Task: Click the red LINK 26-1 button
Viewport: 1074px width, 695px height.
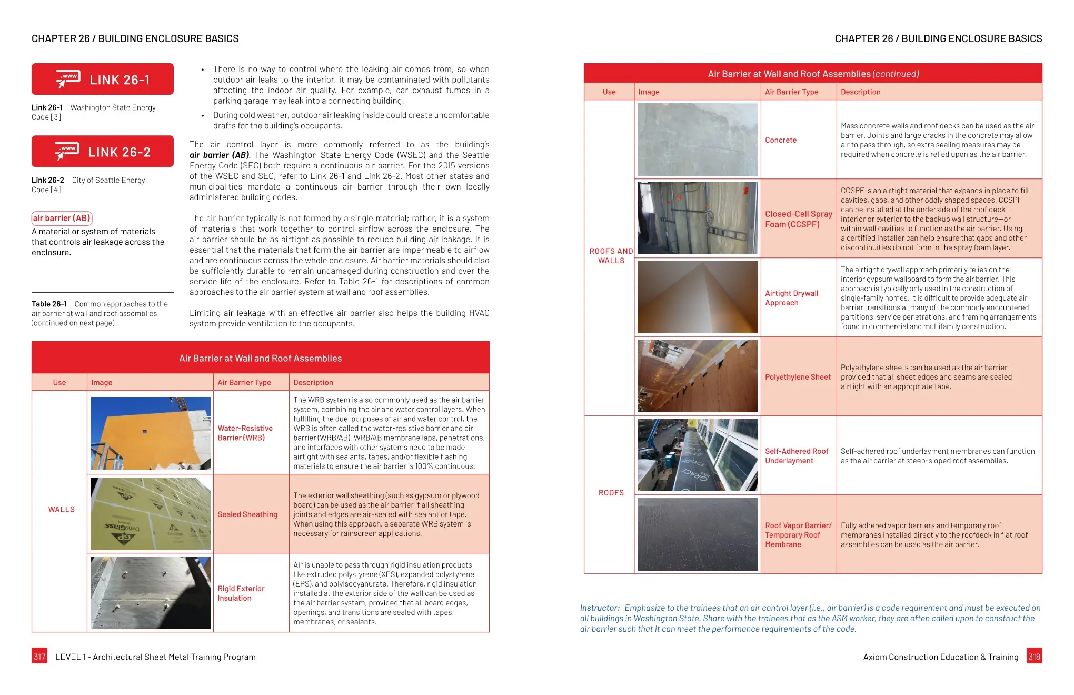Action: (x=103, y=80)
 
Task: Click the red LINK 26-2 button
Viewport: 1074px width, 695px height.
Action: (x=103, y=152)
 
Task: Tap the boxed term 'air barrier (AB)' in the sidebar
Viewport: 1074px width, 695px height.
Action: (x=62, y=218)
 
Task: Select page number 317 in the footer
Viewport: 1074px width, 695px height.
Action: (x=39, y=657)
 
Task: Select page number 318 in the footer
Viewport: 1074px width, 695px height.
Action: (x=1034, y=657)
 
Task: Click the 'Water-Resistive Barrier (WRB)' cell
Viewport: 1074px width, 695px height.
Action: (x=245, y=433)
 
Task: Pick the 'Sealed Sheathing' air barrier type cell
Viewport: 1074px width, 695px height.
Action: (x=247, y=514)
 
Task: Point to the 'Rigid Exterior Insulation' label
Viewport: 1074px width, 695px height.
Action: (x=241, y=593)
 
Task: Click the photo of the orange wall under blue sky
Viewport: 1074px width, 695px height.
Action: (x=151, y=433)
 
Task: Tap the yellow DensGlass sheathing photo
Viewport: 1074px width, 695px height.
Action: (x=151, y=514)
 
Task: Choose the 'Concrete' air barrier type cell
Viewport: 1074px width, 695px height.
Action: (x=781, y=140)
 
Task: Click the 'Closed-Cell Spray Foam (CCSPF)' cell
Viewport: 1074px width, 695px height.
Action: (x=798, y=219)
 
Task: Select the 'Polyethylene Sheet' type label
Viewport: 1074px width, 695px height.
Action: (x=798, y=377)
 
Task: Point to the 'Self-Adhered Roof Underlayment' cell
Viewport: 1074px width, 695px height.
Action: (x=797, y=456)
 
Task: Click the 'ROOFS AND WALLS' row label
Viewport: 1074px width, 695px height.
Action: (x=611, y=256)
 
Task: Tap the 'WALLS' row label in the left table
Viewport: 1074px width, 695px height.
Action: (x=61, y=509)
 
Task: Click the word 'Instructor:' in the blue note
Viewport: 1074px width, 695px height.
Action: (x=600, y=608)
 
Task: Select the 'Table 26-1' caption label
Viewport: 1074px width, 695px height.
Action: (x=49, y=304)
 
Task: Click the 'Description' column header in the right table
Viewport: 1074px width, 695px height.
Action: (x=860, y=92)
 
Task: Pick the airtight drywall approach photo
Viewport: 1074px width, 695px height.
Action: (x=697, y=297)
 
